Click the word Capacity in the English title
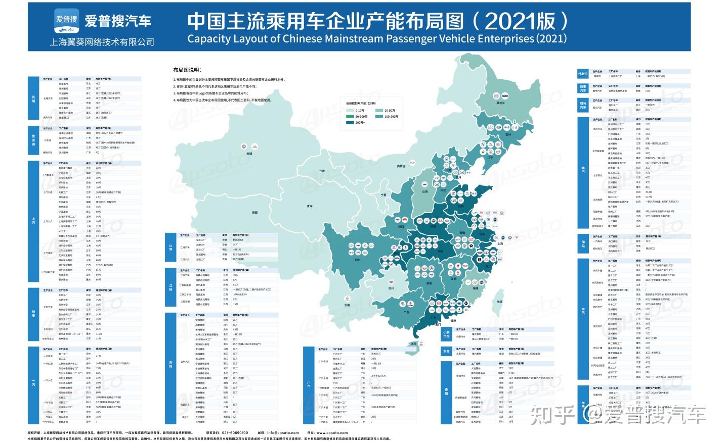tap(208, 39)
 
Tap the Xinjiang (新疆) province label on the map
tap(249, 153)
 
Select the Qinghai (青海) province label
tap(310, 206)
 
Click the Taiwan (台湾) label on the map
tap(499, 302)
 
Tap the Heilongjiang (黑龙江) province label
tap(500, 103)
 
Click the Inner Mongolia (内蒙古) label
tap(401, 166)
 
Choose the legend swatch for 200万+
tap(350, 123)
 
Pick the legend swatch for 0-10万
tap(350, 111)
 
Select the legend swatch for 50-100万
tap(350, 117)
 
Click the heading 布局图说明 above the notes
tap(187, 70)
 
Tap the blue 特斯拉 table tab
tap(583, 74)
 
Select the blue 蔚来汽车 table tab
tap(583, 88)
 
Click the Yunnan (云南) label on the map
tap(347, 305)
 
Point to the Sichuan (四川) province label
tap(357, 260)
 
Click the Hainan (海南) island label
tap(413, 343)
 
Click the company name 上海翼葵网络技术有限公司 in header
tap(102, 42)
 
